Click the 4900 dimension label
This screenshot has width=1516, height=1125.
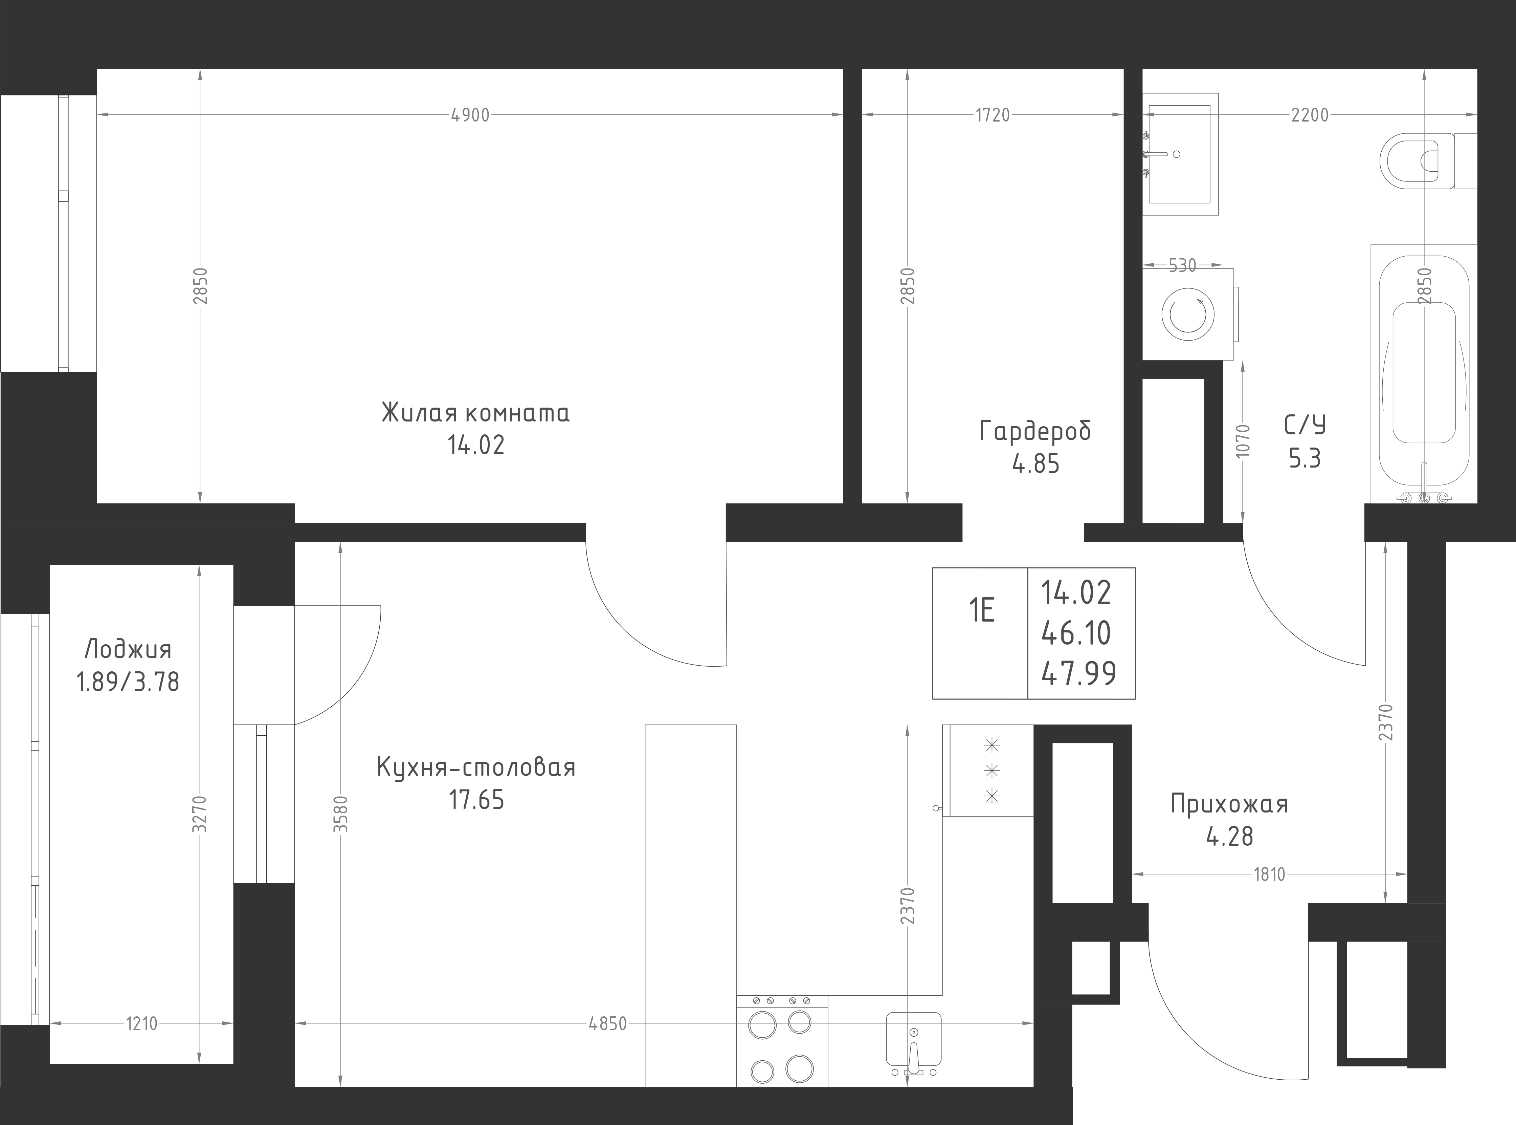[470, 116]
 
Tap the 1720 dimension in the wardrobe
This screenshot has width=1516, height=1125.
[993, 116]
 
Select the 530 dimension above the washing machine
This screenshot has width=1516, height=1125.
[1182, 265]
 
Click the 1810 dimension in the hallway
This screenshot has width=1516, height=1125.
[1269, 874]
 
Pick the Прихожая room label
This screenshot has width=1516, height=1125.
[1229, 804]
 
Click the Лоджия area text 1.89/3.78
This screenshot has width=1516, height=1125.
[128, 682]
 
